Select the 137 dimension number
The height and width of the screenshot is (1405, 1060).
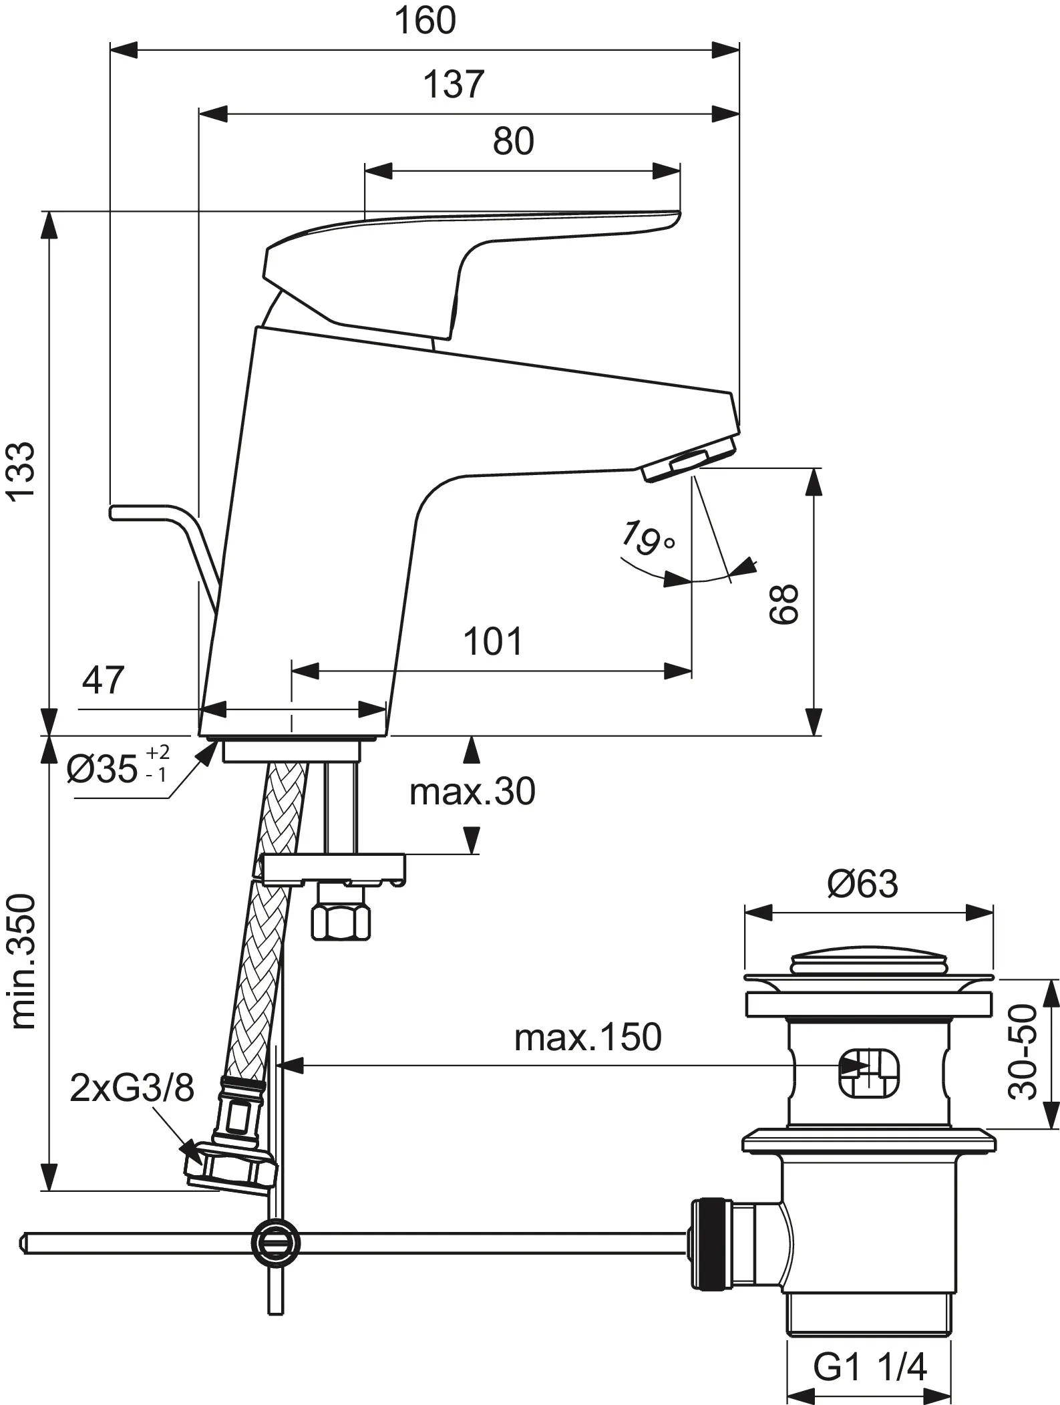454,85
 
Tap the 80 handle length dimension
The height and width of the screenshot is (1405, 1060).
514,142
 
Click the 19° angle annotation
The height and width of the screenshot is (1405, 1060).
645,538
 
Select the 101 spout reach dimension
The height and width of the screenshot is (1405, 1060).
493,641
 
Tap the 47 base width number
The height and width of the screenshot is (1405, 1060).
103,681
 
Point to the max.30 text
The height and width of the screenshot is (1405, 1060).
472,792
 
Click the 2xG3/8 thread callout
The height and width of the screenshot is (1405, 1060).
132,1088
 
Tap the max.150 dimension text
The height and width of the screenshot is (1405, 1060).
588,1038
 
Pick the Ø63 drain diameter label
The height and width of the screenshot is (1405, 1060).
862,884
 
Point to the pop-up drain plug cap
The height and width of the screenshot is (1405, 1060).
868,964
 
